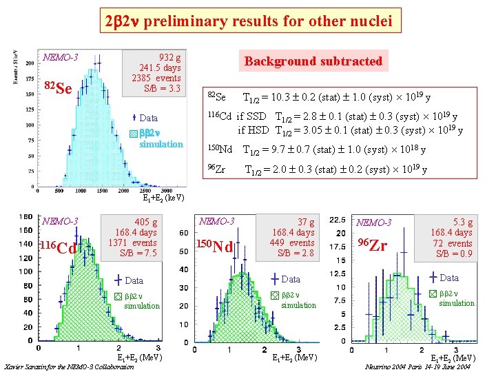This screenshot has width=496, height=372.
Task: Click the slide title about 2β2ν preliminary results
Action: click(x=248, y=21)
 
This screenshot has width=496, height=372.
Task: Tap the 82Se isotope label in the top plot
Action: click(x=57, y=87)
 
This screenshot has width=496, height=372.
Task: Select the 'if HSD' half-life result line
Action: click(x=350, y=130)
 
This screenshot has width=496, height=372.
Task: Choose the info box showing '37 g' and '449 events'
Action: click(x=293, y=238)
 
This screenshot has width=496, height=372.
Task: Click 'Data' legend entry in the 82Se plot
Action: click(x=147, y=118)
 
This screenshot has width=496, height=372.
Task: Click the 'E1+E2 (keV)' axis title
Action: click(x=163, y=198)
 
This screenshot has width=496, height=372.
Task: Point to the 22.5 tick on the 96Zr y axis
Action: click(x=338, y=220)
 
